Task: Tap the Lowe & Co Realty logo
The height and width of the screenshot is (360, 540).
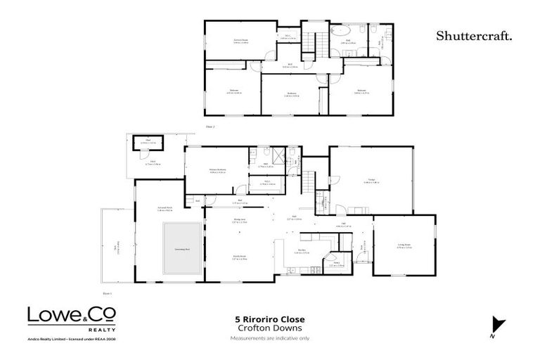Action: coord(72,318)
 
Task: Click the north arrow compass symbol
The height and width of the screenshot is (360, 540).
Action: coord(498,324)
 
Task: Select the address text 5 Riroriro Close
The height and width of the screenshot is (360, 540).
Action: coord(270,319)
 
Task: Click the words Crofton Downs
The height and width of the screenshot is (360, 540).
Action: coord(270,328)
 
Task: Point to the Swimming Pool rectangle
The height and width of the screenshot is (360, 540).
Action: coord(181,249)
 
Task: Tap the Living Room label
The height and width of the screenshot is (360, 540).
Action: coord(404,245)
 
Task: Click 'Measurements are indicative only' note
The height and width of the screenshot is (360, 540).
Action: coord(270,339)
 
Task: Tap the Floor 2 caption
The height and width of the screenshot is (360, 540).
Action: coord(209,126)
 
